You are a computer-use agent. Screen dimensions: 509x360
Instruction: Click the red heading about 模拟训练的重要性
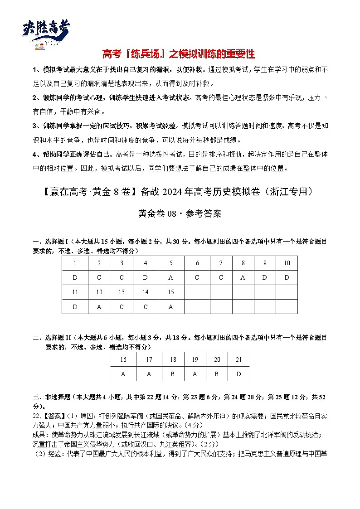point(179,55)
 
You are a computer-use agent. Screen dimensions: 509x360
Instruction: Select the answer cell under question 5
point(171,278)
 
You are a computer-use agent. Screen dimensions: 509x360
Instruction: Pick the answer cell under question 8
point(243,278)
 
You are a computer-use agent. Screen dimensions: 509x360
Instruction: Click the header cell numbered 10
point(287,263)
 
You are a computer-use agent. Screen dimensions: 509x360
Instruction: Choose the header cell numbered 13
point(121,292)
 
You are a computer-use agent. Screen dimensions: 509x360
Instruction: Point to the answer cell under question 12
point(99,307)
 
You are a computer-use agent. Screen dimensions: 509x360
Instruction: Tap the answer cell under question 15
point(171,307)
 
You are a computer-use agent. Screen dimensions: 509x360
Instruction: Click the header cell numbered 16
point(123,359)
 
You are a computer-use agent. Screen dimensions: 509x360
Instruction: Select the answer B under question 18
point(173,374)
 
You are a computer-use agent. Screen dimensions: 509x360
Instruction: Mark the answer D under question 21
point(239,374)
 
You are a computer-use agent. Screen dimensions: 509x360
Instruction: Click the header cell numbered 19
point(195,359)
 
